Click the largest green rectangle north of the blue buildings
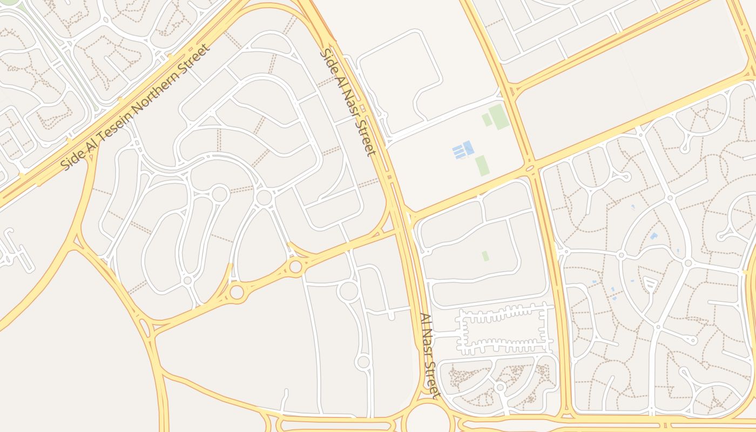pos(498,116)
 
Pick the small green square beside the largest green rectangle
pos(487,120)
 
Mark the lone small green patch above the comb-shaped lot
pos(485,255)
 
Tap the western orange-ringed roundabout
pos(237,292)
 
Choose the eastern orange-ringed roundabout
pos(295,266)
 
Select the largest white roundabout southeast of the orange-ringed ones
pos(348,291)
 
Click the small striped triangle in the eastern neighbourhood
pos(650,283)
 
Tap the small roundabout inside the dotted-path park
pos(501,387)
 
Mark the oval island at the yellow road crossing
pos(530,168)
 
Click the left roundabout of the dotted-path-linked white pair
pos(220,194)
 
